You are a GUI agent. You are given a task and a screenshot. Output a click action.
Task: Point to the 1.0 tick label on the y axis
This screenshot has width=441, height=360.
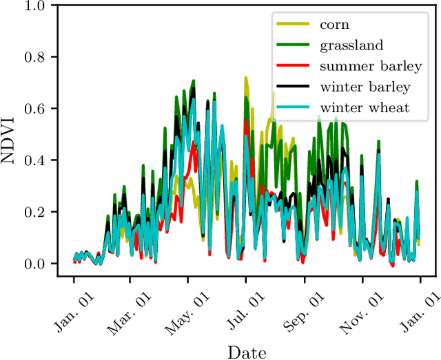pos(38,6)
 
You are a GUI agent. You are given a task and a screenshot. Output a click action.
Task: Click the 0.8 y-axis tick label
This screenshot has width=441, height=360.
pos(38,57)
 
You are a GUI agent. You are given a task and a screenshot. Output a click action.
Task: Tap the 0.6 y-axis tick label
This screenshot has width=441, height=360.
pos(38,109)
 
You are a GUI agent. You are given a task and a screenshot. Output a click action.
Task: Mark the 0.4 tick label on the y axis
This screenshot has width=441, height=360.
pos(38,160)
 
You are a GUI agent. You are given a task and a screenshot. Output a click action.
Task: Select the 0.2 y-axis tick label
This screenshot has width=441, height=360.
pos(38,212)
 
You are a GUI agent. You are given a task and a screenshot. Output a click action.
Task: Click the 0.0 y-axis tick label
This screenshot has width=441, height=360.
pos(38,264)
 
